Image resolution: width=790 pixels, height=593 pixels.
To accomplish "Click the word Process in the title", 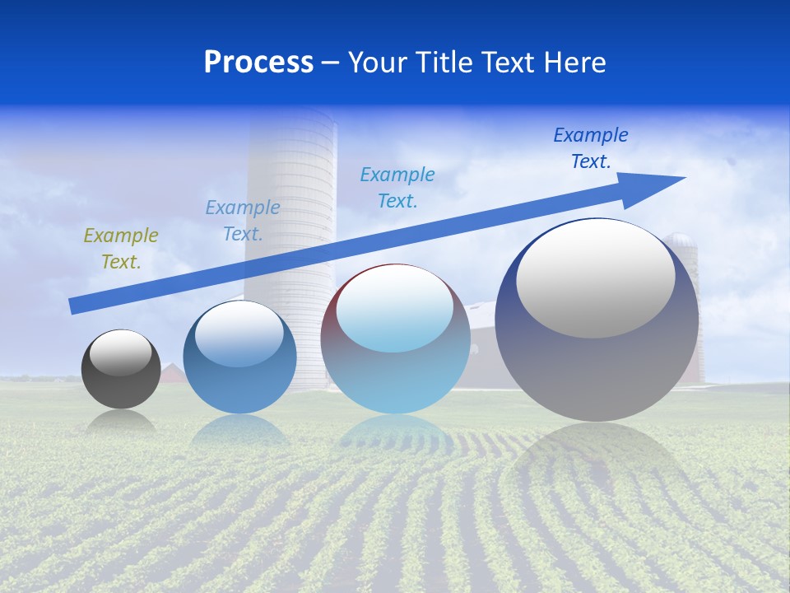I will (258, 63).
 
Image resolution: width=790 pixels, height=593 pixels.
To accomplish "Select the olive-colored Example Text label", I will (121, 249).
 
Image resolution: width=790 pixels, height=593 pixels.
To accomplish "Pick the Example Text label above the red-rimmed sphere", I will (397, 188).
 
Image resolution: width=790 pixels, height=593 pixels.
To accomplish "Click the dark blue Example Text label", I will (591, 148).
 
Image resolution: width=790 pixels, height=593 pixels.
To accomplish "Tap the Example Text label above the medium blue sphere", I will (242, 221).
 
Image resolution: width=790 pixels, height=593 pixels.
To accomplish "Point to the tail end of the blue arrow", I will (76, 306).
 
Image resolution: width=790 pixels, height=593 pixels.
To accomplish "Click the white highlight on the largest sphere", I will (595, 278).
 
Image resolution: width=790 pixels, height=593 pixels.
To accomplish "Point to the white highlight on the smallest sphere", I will (120, 353).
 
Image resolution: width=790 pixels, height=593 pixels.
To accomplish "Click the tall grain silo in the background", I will (292, 206).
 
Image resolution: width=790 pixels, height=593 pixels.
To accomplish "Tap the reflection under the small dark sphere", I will (121, 422).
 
